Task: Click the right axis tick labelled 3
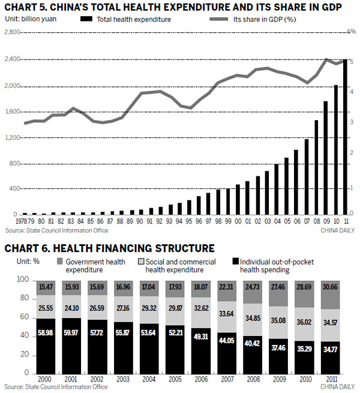click(x=351, y=122)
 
